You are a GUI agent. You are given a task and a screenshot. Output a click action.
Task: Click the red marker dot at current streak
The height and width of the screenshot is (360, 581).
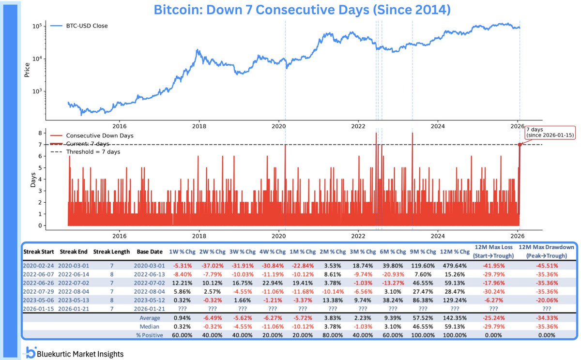[520, 144]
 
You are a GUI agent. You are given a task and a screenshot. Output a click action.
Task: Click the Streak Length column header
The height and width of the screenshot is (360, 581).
[111, 252]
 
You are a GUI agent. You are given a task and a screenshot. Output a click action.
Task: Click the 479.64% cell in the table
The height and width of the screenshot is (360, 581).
[456, 265]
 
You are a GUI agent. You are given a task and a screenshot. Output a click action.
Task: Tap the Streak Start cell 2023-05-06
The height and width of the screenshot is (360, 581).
[39, 300]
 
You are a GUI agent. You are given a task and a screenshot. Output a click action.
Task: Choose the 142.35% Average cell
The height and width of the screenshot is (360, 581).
[456, 318]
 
